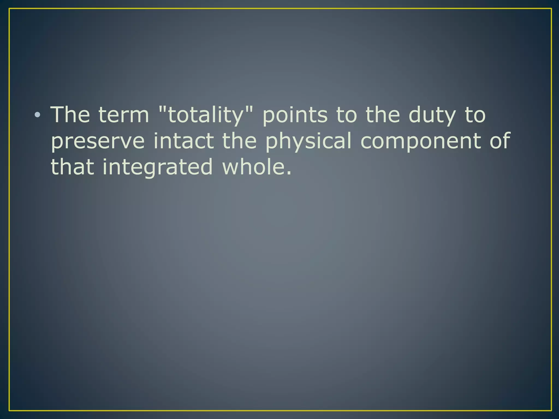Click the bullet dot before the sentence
coord(37,115)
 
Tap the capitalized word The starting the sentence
coord(70,115)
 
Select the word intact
coord(183,141)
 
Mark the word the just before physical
coord(239,141)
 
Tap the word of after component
coord(499,141)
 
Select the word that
coord(72,167)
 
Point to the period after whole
coord(289,173)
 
